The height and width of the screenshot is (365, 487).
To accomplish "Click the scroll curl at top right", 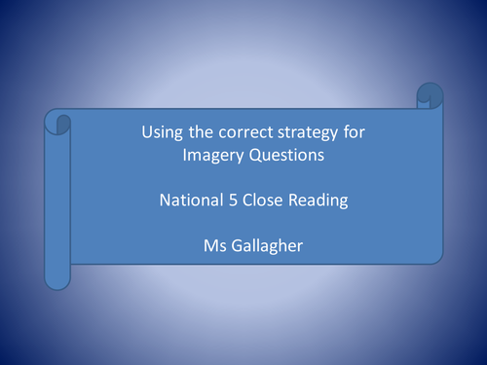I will pos(429,96).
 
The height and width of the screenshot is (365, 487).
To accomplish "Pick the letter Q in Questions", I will pos(247,154).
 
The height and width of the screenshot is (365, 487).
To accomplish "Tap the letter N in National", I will pos(165,202).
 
